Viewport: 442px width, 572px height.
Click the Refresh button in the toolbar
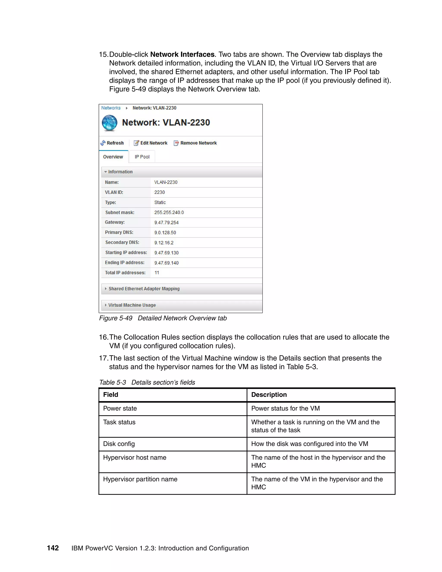point(112,143)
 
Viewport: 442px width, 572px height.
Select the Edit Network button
point(151,143)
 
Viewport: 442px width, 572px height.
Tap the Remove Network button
point(195,143)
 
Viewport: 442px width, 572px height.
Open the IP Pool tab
point(142,157)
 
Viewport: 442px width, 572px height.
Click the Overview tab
point(113,157)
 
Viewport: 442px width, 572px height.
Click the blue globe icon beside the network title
point(109,123)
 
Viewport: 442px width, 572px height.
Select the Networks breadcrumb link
point(111,108)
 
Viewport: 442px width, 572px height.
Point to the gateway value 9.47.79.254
point(166,223)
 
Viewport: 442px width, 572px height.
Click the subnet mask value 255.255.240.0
point(169,212)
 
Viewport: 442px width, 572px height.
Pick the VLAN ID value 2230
point(159,192)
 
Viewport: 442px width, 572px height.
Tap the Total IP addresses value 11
point(157,273)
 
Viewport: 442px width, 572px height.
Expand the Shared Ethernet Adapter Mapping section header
point(144,289)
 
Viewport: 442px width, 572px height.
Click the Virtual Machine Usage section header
point(132,305)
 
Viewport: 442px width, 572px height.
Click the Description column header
point(269,395)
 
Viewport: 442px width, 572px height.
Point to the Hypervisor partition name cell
point(140,479)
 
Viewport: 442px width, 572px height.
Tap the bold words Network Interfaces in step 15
point(182,54)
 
